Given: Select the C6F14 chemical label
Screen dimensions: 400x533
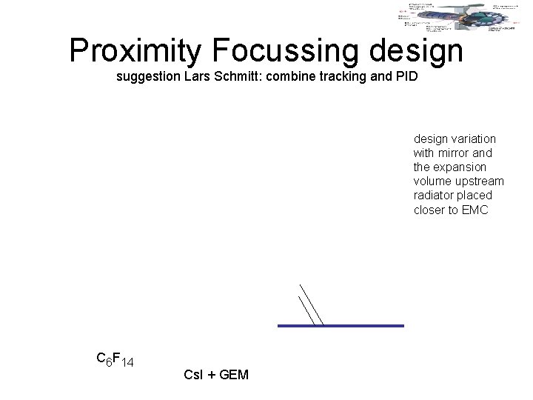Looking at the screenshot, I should click(115, 360).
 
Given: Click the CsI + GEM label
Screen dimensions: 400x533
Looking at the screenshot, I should click(215, 376).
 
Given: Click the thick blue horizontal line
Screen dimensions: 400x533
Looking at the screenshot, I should click(341, 325).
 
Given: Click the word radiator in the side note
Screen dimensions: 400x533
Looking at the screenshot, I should click(433, 195).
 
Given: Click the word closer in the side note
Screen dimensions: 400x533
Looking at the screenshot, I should click(429, 209).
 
